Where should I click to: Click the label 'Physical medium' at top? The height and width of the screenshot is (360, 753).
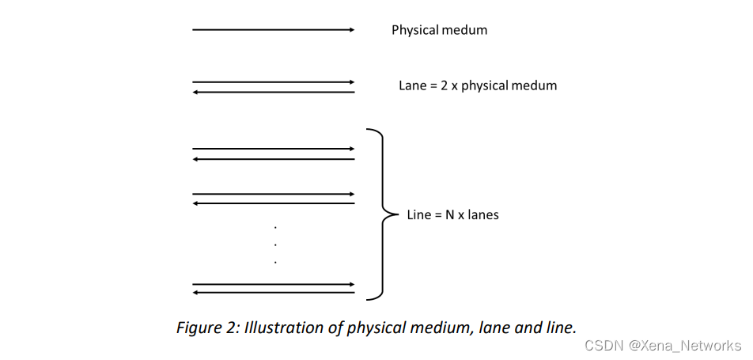pyautogui.click(x=439, y=30)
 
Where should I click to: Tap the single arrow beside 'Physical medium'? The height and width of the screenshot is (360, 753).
pyautogui.click(x=273, y=30)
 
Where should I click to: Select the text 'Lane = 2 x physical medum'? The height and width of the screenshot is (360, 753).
pyautogui.click(x=478, y=85)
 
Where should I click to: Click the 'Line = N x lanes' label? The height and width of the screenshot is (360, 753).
pyautogui.click(x=452, y=214)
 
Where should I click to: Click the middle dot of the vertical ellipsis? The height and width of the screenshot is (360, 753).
pyautogui.click(x=275, y=244)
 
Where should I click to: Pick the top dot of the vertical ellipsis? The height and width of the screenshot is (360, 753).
pyautogui.click(x=275, y=226)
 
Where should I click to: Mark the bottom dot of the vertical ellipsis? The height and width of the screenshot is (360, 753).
pyautogui.click(x=275, y=261)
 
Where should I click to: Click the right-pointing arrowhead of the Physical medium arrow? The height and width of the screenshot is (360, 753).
pyautogui.click(x=351, y=30)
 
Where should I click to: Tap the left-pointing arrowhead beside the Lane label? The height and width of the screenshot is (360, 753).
pyautogui.click(x=196, y=92)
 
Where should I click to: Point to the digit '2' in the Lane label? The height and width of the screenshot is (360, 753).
pyautogui.click(x=441, y=85)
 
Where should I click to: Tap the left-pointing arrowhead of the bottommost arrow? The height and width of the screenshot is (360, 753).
pyautogui.click(x=196, y=293)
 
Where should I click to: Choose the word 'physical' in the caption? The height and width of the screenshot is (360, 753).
pyautogui.click(x=374, y=328)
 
